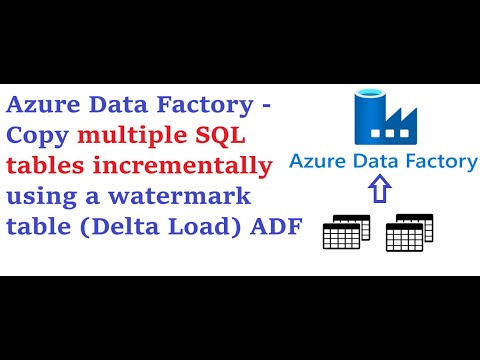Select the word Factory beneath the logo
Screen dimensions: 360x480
[440, 162]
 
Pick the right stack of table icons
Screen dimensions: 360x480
[408, 232]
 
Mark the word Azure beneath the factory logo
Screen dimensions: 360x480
[317, 162]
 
